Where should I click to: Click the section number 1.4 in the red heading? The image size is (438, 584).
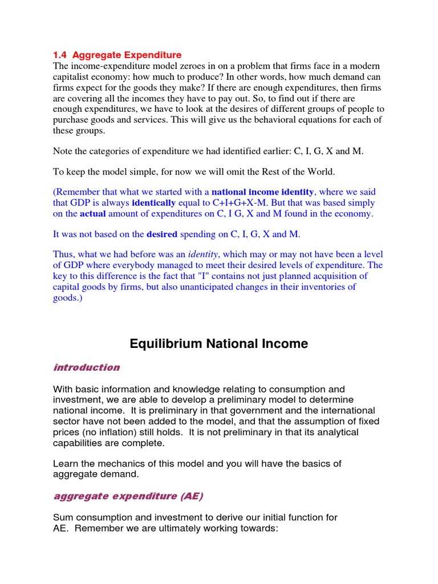[60, 55]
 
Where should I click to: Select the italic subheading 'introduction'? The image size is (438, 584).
[86, 368]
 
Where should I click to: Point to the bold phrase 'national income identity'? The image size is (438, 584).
[262, 192]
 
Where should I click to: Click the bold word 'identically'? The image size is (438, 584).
[154, 203]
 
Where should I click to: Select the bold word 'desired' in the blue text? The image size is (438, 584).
[163, 234]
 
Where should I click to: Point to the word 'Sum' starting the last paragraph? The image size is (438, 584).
[63, 518]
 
